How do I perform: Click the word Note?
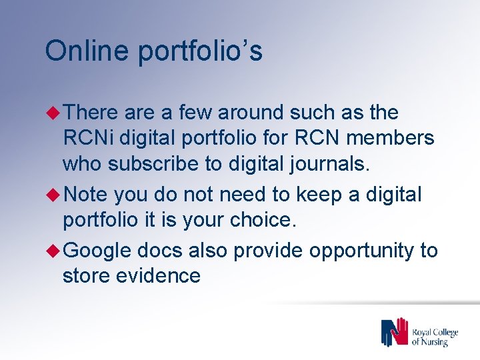click(87, 195)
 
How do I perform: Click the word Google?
click(98, 251)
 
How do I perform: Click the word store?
click(86, 275)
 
